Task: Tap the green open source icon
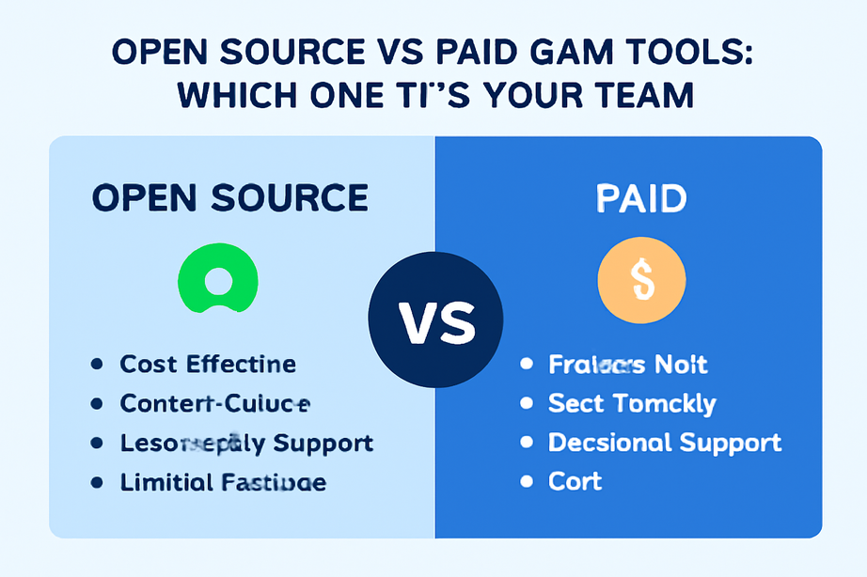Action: [217, 280]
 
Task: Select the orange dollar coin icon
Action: [642, 280]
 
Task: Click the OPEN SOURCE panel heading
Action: [230, 198]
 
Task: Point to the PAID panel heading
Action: [642, 198]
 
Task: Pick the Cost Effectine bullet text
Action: [208, 364]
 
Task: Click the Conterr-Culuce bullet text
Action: [214, 403]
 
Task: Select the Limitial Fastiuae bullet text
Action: [223, 482]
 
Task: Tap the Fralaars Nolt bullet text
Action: [628, 364]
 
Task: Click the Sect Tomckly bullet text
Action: [632, 403]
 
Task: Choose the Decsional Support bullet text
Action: [665, 442]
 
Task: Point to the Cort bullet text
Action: [575, 481]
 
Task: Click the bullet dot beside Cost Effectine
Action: [96, 365]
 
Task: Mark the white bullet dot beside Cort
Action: [527, 482]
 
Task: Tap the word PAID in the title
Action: [470, 53]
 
